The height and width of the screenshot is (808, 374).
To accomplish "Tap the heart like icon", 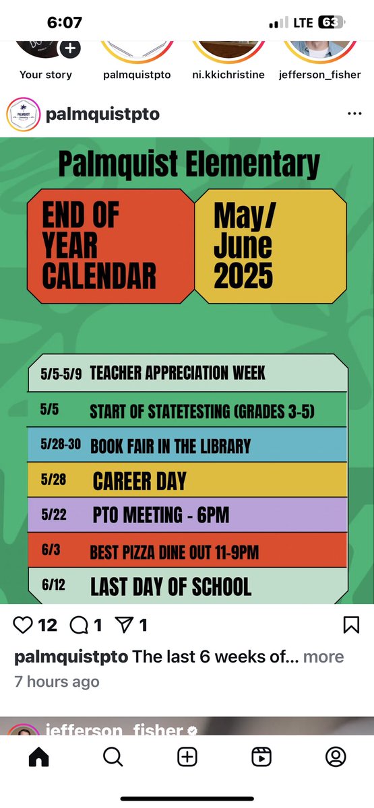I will point(24,626).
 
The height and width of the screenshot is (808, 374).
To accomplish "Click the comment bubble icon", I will point(80,626).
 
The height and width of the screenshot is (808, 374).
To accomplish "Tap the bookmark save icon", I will point(351,626).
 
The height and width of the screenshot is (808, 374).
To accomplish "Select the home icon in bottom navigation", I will point(38,757).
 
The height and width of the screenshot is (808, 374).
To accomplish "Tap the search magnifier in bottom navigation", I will point(113,757).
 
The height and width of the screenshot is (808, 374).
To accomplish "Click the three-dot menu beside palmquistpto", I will point(354,114).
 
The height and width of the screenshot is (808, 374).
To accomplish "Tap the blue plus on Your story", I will point(70,48).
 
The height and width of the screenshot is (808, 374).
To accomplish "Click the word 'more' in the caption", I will point(323,656).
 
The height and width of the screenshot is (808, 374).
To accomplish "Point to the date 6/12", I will point(52,584).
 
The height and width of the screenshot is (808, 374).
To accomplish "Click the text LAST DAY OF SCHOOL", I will point(170,586).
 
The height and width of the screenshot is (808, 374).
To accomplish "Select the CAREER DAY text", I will point(139,481).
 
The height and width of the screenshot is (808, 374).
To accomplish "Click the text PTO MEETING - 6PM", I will point(161,516).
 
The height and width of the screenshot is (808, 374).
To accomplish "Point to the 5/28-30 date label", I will point(60,444).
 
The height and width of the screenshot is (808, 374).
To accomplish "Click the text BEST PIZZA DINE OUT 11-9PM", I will point(174,553).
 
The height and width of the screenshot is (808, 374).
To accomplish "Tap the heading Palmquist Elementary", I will point(189,164).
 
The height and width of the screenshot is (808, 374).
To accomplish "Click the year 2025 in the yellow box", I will point(243,276).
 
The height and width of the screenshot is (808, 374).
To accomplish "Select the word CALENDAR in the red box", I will point(99,276).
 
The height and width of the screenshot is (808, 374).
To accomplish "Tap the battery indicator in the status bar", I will point(331,22).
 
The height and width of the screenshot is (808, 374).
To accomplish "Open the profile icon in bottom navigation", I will point(336,757).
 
